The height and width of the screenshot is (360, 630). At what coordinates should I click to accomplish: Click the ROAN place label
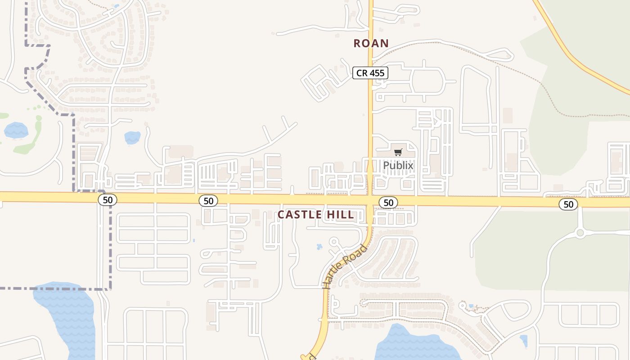point(371,43)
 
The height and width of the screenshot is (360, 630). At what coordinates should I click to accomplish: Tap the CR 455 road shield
point(370,73)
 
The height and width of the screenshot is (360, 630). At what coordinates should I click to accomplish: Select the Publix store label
point(398,166)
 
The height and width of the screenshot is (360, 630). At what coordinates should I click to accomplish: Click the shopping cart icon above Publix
point(398,153)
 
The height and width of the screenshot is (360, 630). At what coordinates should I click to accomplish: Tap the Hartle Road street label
point(345,266)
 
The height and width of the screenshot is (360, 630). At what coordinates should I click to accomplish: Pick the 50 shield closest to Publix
point(388,203)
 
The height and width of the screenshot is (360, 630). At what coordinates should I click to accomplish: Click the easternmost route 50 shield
point(568,205)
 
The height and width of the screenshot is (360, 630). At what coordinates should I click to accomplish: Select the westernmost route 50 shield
point(108,199)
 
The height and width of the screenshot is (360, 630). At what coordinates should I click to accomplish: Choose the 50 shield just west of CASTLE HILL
point(208,201)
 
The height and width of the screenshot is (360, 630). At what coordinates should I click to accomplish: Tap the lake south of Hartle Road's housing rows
point(409,344)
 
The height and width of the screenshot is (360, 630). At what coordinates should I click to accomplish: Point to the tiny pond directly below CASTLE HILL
point(319,247)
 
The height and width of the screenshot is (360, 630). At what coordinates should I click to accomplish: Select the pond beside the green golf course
point(16,130)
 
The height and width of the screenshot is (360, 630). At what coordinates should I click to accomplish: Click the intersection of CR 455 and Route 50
point(370,198)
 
